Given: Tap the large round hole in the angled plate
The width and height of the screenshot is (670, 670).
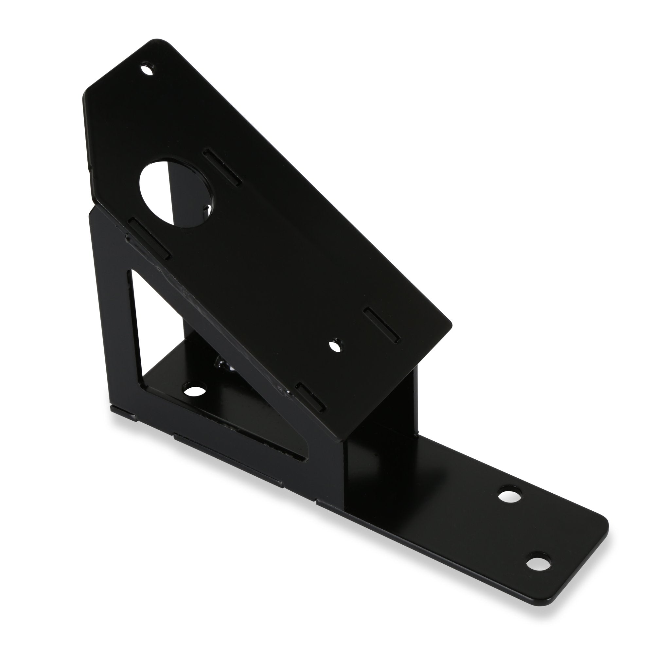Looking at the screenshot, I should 177,194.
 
